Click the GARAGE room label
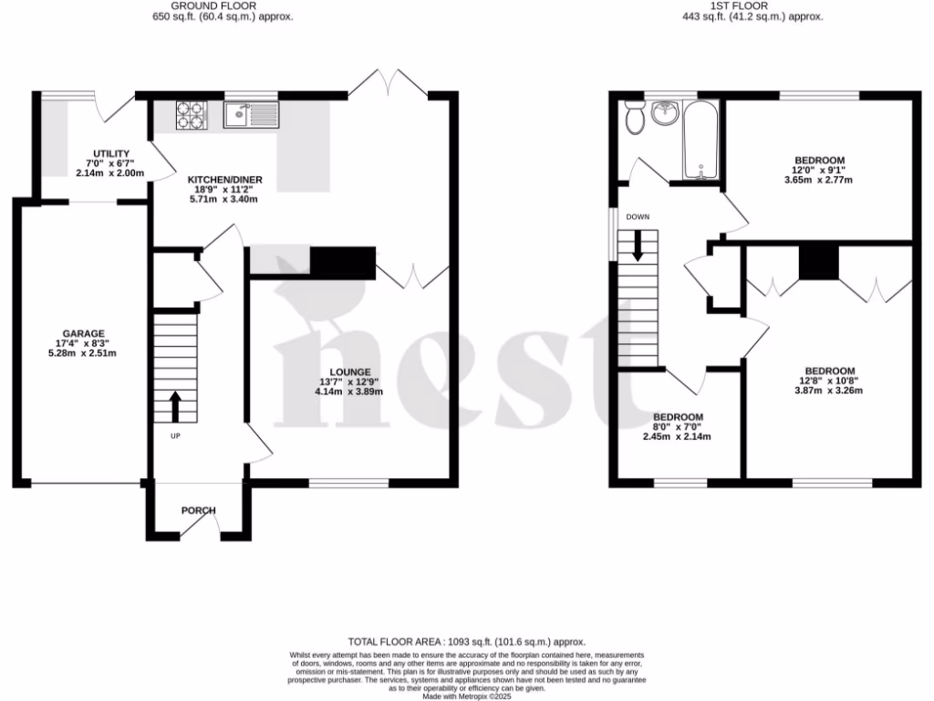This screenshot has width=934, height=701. click(x=83, y=333)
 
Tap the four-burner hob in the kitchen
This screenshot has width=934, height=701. click(x=191, y=114)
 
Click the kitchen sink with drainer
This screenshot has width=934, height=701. click(x=254, y=114)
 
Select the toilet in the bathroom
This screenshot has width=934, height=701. click(x=635, y=117)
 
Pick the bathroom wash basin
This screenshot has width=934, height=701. click(x=665, y=113)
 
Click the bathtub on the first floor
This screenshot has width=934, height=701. click(x=701, y=141)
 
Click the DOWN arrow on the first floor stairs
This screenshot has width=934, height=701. click(x=637, y=245)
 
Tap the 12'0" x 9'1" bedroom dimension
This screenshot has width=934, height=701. click(x=820, y=170)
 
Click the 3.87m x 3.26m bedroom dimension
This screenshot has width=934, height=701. click(x=828, y=391)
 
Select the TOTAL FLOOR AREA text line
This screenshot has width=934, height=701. click(x=466, y=643)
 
